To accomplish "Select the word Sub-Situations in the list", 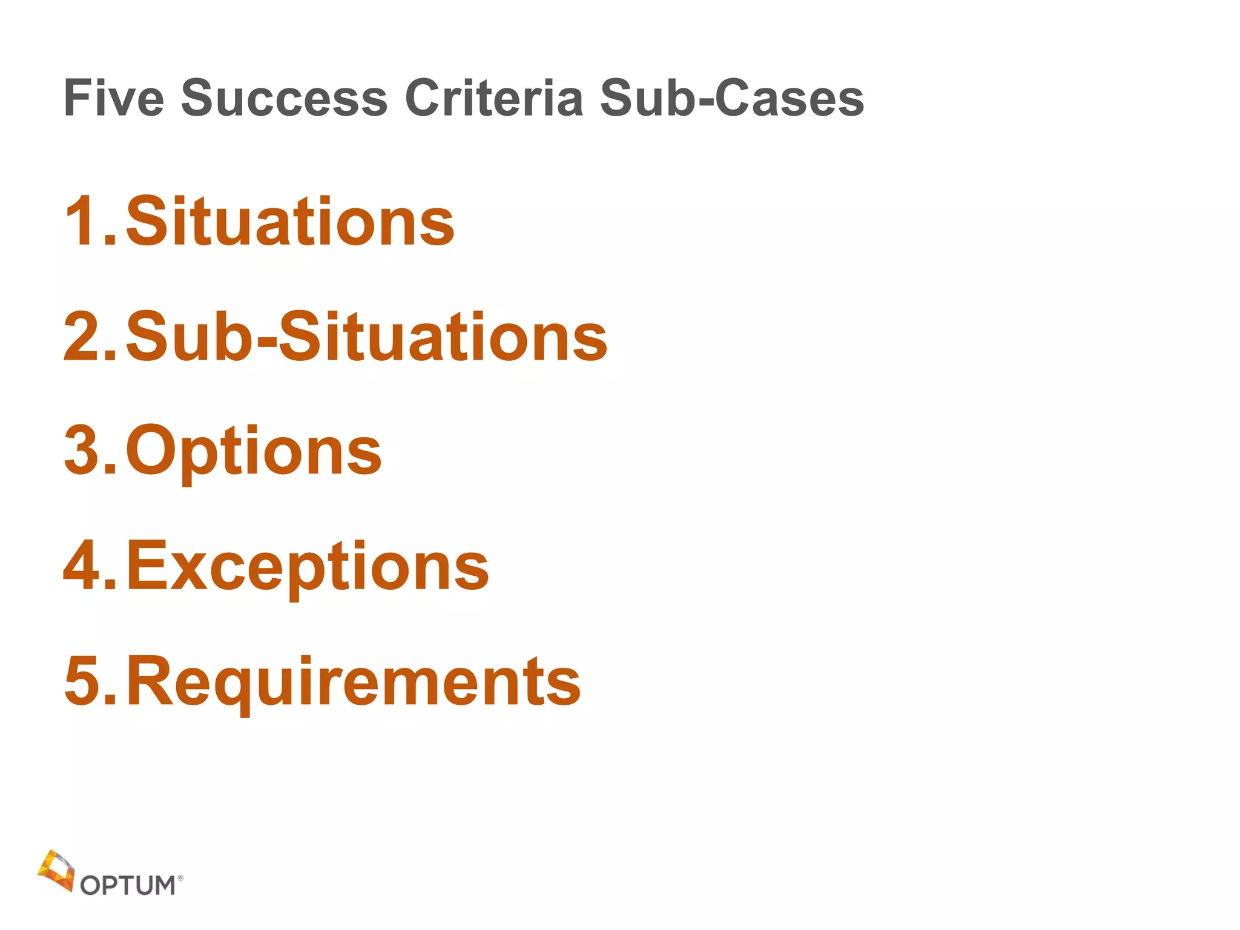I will [366, 337].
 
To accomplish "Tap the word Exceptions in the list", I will [308, 567].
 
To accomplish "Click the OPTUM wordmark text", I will [128, 885].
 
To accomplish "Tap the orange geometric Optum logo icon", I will [56, 871].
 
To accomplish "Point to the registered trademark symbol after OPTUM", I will [180, 877].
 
